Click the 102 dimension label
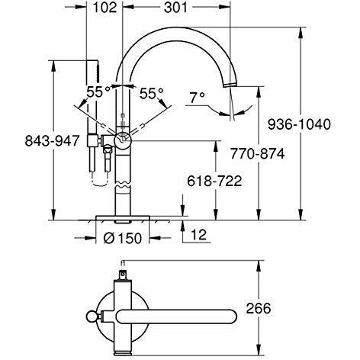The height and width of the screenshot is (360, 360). point(104,8)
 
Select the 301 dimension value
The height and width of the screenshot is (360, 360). point(175,8)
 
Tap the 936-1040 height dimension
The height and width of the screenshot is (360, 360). point(299,124)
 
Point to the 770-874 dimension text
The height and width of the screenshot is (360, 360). point(257,153)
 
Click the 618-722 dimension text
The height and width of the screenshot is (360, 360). point(214,182)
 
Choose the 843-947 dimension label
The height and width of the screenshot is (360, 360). point(53,140)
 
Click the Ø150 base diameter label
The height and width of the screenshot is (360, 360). point(123,238)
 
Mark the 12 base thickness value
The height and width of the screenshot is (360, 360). point(199,235)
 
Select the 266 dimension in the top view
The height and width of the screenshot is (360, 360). point(259,308)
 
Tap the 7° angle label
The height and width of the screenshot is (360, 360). point(198,98)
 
